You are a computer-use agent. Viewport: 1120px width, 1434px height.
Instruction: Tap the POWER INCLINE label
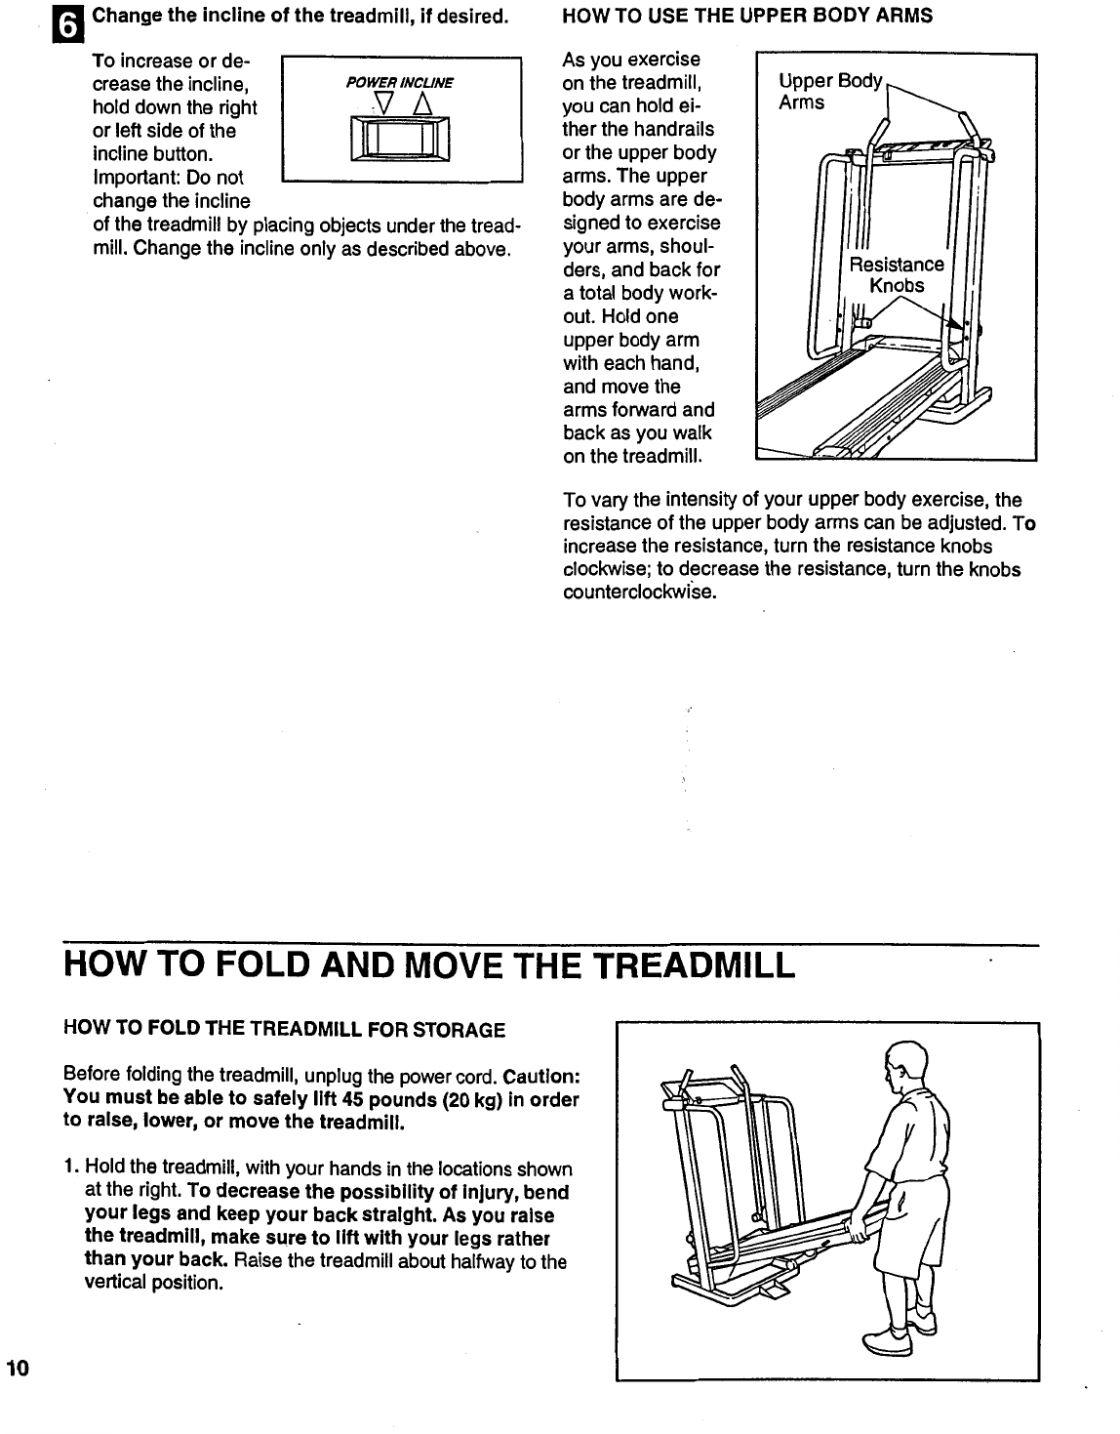click(x=401, y=83)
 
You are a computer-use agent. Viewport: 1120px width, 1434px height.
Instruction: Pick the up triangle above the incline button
click(x=420, y=102)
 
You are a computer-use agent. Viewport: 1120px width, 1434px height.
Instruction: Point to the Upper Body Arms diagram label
click(x=829, y=91)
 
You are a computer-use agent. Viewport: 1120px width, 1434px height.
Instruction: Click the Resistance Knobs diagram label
click(x=897, y=274)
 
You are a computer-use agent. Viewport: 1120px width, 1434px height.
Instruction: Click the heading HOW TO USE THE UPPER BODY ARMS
click(x=748, y=16)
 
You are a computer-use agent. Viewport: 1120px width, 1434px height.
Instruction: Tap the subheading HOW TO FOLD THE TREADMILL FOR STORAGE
click(x=284, y=1029)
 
